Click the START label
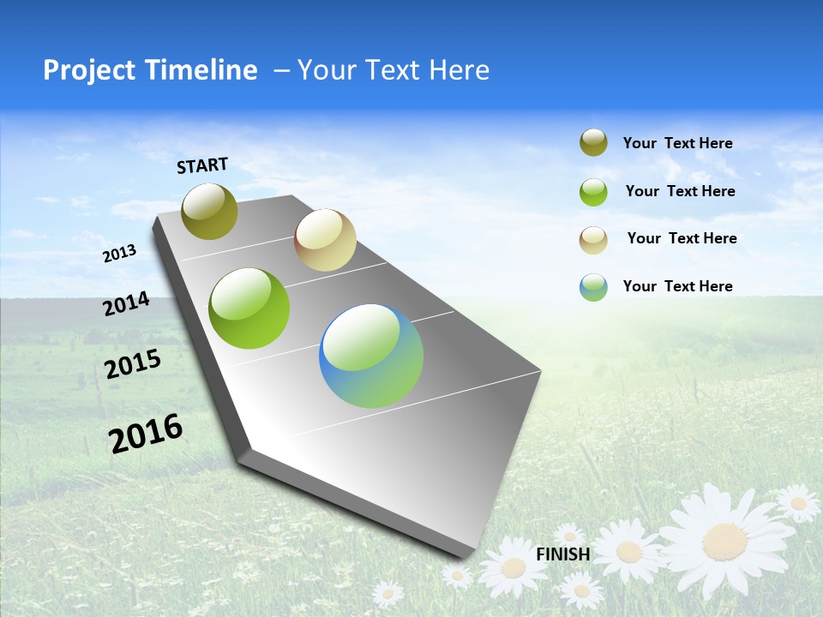coord(202,165)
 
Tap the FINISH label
coord(562,554)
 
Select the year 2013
coord(120,253)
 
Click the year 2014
coord(127,303)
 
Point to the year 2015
coord(133,364)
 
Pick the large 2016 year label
coord(146,433)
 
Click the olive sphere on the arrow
coord(210,211)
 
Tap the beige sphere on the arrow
coord(325,240)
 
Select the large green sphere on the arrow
coord(249,308)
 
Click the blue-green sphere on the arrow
coord(371,356)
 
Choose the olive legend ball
coord(593,143)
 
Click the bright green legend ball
coord(593,192)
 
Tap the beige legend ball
coord(593,239)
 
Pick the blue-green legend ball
coord(593,287)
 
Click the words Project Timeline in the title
coord(150,70)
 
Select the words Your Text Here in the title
coord(393,70)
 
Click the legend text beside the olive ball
coord(677,144)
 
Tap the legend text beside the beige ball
coord(682,238)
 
